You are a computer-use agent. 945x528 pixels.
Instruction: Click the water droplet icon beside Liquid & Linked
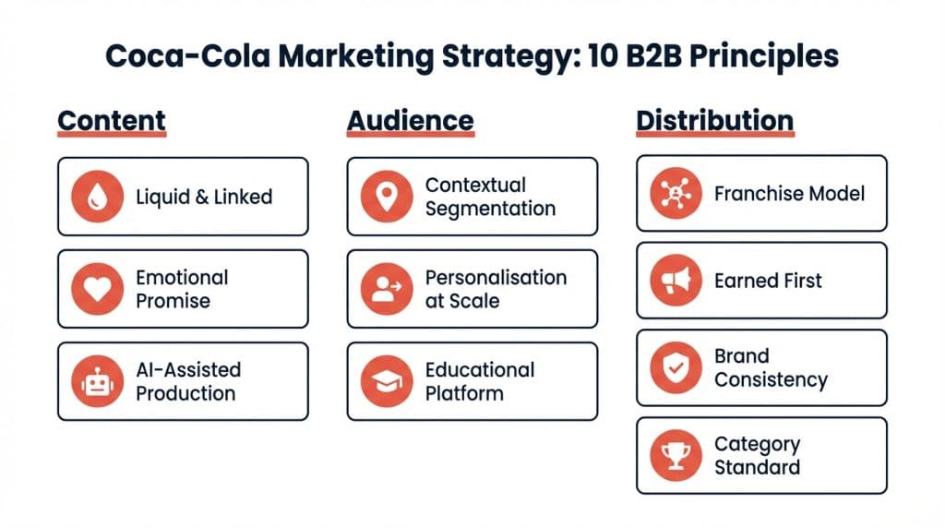[97, 197]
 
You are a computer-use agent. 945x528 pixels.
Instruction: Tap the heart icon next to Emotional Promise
[97, 289]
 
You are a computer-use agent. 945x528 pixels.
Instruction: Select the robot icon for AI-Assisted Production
[97, 381]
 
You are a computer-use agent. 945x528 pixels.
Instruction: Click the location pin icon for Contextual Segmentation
[387, 197]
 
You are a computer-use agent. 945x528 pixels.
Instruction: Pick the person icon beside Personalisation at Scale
[387, 289]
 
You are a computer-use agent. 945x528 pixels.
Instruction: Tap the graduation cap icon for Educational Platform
[387, 381]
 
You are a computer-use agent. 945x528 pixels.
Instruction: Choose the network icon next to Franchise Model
[676, 193]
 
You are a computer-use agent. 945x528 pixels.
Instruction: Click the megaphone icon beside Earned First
[676, 281]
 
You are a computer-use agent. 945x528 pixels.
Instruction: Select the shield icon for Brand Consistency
[676, 367]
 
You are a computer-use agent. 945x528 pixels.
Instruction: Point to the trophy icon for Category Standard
[676, 455]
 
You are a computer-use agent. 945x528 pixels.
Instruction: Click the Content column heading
[112, 121]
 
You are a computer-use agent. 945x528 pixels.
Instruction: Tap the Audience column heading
[410, 121]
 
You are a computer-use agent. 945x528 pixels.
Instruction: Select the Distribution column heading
[714, 121]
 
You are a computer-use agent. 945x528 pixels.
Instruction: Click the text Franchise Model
[789, 194]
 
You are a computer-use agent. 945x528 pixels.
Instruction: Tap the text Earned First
[768, 281]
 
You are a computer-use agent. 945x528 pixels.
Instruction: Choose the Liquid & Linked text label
[204, 197]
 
